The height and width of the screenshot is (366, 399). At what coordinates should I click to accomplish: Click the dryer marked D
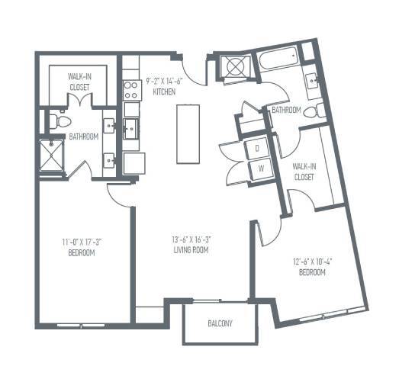click(258, 147)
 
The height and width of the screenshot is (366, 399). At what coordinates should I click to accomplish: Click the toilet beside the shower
click(60, 120)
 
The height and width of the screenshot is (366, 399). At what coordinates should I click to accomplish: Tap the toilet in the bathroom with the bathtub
click(315, 111)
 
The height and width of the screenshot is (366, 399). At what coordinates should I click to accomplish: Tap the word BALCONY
click(220, 324)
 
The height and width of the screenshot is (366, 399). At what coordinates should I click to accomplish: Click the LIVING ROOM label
click(191, 249)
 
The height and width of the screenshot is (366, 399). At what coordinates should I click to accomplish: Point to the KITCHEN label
click(164, 91)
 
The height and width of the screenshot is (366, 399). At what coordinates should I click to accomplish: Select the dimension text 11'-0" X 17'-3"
click(82, 243)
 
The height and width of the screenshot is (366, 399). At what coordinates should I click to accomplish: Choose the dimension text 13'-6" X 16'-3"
click(191, 239)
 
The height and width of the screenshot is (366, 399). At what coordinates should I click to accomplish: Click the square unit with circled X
click(231, 67)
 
